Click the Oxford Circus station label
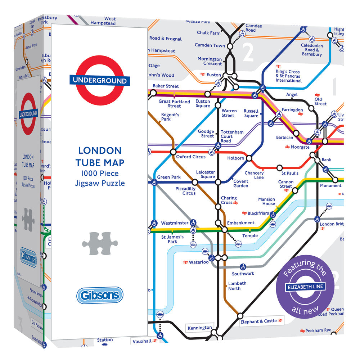(191, 157)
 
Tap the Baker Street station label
(166, 86)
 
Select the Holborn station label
(236, 158)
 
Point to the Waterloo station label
(199, 262)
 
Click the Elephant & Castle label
(259, 321)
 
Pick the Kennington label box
(200, 328)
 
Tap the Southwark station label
(243, 274)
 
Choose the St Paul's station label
(290, 174)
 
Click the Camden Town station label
(210, 45)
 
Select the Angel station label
(292, 95)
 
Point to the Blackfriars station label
(258, 213)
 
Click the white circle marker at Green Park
(154, 183)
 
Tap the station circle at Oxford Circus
(173, 152)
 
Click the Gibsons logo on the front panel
(99, 296)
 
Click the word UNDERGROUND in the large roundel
(99, 81)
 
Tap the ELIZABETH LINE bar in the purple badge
(306, 287)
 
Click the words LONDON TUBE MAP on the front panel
(100, 156)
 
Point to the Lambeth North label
(237, 286)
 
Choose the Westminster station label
(175, 223)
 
